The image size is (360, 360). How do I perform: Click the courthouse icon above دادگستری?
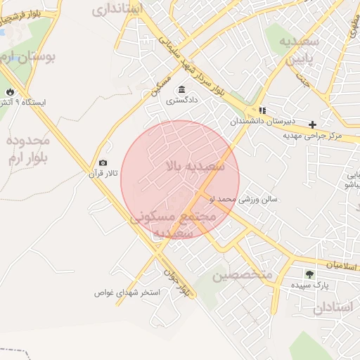point(182,89)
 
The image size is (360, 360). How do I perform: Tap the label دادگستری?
point(182,101)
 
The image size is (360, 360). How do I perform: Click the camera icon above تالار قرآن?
point(103,163)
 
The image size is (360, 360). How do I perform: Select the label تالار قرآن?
point(103,173)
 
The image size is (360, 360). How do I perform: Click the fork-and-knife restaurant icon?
point(262,110)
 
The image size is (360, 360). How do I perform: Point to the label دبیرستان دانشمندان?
point(261,122)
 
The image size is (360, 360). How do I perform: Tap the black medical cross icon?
point(313,124)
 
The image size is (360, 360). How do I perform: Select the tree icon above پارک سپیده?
point(309,274)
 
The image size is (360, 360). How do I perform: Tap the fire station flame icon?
point(10,92)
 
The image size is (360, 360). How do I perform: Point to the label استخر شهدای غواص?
point(129,292)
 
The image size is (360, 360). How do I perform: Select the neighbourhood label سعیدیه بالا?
point(195,167)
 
